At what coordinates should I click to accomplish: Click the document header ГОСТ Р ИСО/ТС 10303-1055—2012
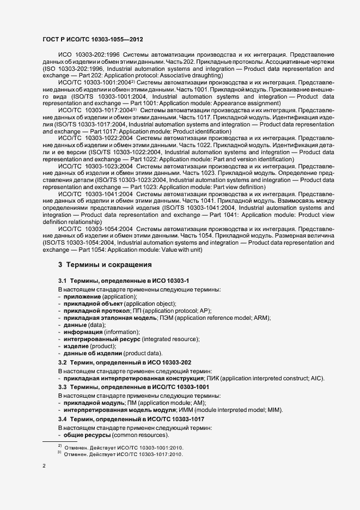click(x=93, y=39)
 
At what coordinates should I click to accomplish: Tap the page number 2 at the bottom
click(x=44, y=466)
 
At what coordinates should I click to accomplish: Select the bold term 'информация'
click(x=82, y=332)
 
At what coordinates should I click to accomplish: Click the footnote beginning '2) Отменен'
click(x=120, y=446)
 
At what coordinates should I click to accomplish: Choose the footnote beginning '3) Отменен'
click(x=120, y=454)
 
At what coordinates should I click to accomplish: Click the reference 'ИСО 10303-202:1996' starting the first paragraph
click(x=88, y=56)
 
